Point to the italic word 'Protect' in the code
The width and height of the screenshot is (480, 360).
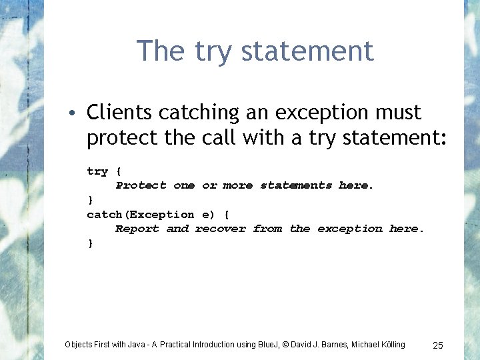(141, 185)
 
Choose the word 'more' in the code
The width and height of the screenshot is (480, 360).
(238, 185)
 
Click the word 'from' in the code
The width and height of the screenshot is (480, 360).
(267, 229)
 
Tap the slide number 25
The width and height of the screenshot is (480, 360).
(438, 345)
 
